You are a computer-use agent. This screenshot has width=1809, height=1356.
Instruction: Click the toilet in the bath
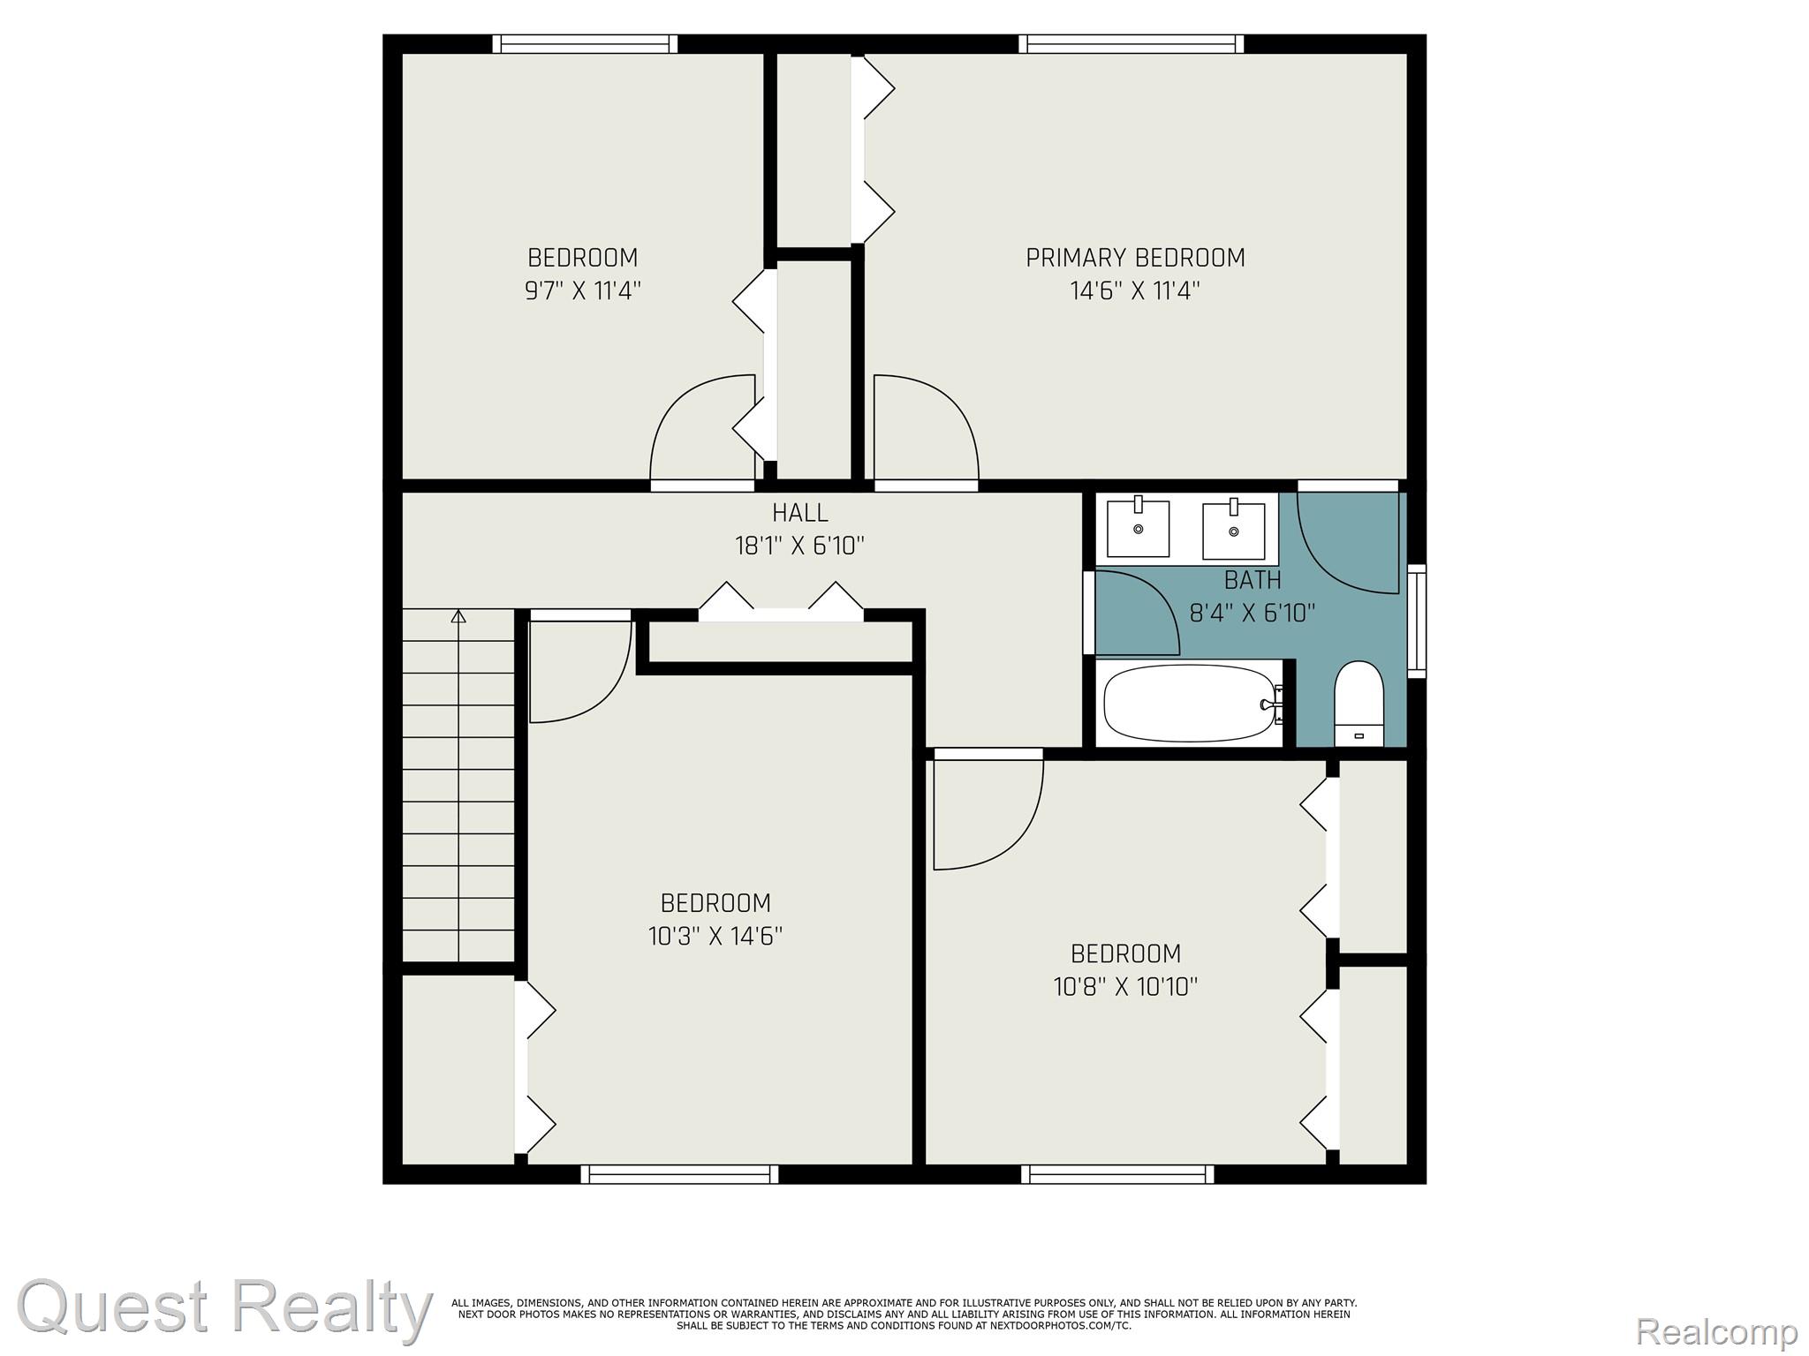(x=1359, y=704)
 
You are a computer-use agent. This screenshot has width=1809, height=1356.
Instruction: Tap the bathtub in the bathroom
(x=1191, y=703)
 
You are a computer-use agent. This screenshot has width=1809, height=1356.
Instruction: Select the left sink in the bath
(x=1139, y=528)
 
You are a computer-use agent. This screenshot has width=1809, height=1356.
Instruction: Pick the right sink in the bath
(x=1234, y=530)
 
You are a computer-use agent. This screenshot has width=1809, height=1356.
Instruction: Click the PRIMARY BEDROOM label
(x=1135, y=258)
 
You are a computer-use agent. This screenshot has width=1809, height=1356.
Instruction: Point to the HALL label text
(x=800, y=513)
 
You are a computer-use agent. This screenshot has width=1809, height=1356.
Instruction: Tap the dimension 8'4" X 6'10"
(x=1253, y=612)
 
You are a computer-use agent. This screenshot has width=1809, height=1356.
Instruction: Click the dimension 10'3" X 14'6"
(x=715, y=936)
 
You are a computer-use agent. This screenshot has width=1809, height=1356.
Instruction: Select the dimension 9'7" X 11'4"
(x=582, y=290)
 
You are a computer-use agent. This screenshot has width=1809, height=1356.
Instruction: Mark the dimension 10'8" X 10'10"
(x=1125, y=986)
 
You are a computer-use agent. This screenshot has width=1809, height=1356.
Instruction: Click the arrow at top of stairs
(x=458, y=616)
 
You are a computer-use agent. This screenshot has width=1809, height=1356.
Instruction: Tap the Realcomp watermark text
(x=1716, y=1330)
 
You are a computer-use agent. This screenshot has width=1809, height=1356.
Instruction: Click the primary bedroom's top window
(x=1131, y=43)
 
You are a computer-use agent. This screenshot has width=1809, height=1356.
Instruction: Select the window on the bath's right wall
(x=1416, y=621)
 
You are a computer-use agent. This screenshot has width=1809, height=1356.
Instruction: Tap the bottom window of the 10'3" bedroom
(x=680, y=1173)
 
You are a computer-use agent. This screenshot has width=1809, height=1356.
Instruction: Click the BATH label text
(x=1253, y=580)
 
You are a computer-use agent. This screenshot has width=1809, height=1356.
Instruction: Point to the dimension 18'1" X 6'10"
(x=800, y=546)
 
